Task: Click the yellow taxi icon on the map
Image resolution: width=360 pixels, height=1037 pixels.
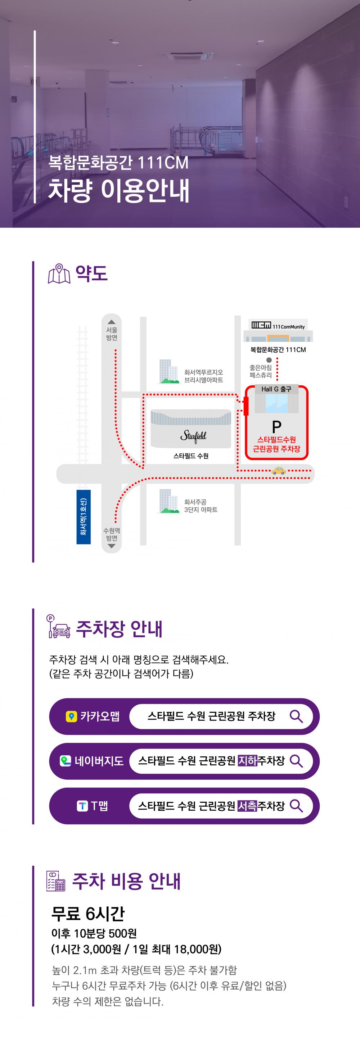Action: pyautogui.click(x=278, y=470)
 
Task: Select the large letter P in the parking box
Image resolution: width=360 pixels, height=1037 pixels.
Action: pyautogui.click(x=276, y=426)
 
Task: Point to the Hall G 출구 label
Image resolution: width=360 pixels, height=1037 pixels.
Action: pyautogui.click(x=276, y=389)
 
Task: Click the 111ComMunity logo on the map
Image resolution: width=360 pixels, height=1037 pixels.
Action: pyautogui.click(x=278, y=326)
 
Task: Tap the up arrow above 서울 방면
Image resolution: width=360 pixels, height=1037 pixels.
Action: pyautogui.click(x=112, y=322)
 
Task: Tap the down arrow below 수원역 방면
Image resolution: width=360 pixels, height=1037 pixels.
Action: pyautogui.click(x=112, y=546)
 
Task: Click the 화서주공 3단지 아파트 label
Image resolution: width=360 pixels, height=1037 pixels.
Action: pyautogui.click(x=201, y=506)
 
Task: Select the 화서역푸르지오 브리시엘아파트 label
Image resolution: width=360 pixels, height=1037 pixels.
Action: pyautogui.click(x=203, y=376)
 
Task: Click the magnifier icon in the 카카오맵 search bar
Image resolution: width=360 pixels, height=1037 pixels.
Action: pyautogui.click(x=296, y=716)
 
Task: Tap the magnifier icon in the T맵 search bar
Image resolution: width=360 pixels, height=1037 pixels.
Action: pyautogui.click(x=296, y=806)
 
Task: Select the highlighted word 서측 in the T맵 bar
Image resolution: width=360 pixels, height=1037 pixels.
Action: pyautogui.click(x=247, y=806)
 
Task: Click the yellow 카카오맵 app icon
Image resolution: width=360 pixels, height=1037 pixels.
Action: pyautogui.click(x=71, y=716)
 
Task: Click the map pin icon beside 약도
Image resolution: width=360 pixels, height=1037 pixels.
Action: pyautogui.click(x=59, y=274)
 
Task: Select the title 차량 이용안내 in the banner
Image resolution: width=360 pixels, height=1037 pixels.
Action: pyautogui.click(x=119, y=190)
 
